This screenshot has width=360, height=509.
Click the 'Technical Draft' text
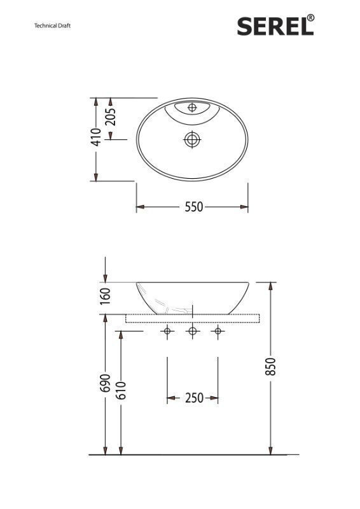point(52,26)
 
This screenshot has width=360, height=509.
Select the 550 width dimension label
point(193,207)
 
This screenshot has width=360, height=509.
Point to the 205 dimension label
point(111,118)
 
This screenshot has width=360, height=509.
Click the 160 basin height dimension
point(106,295)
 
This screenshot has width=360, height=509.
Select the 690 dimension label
point(106,382)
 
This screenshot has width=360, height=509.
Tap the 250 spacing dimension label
point(193,398)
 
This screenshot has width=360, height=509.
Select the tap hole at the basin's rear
point(192,108)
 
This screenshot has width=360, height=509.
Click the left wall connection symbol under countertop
point(167,331)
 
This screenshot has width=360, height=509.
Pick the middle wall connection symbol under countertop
point(192,331)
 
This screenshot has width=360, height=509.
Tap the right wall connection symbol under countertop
point(218,331)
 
